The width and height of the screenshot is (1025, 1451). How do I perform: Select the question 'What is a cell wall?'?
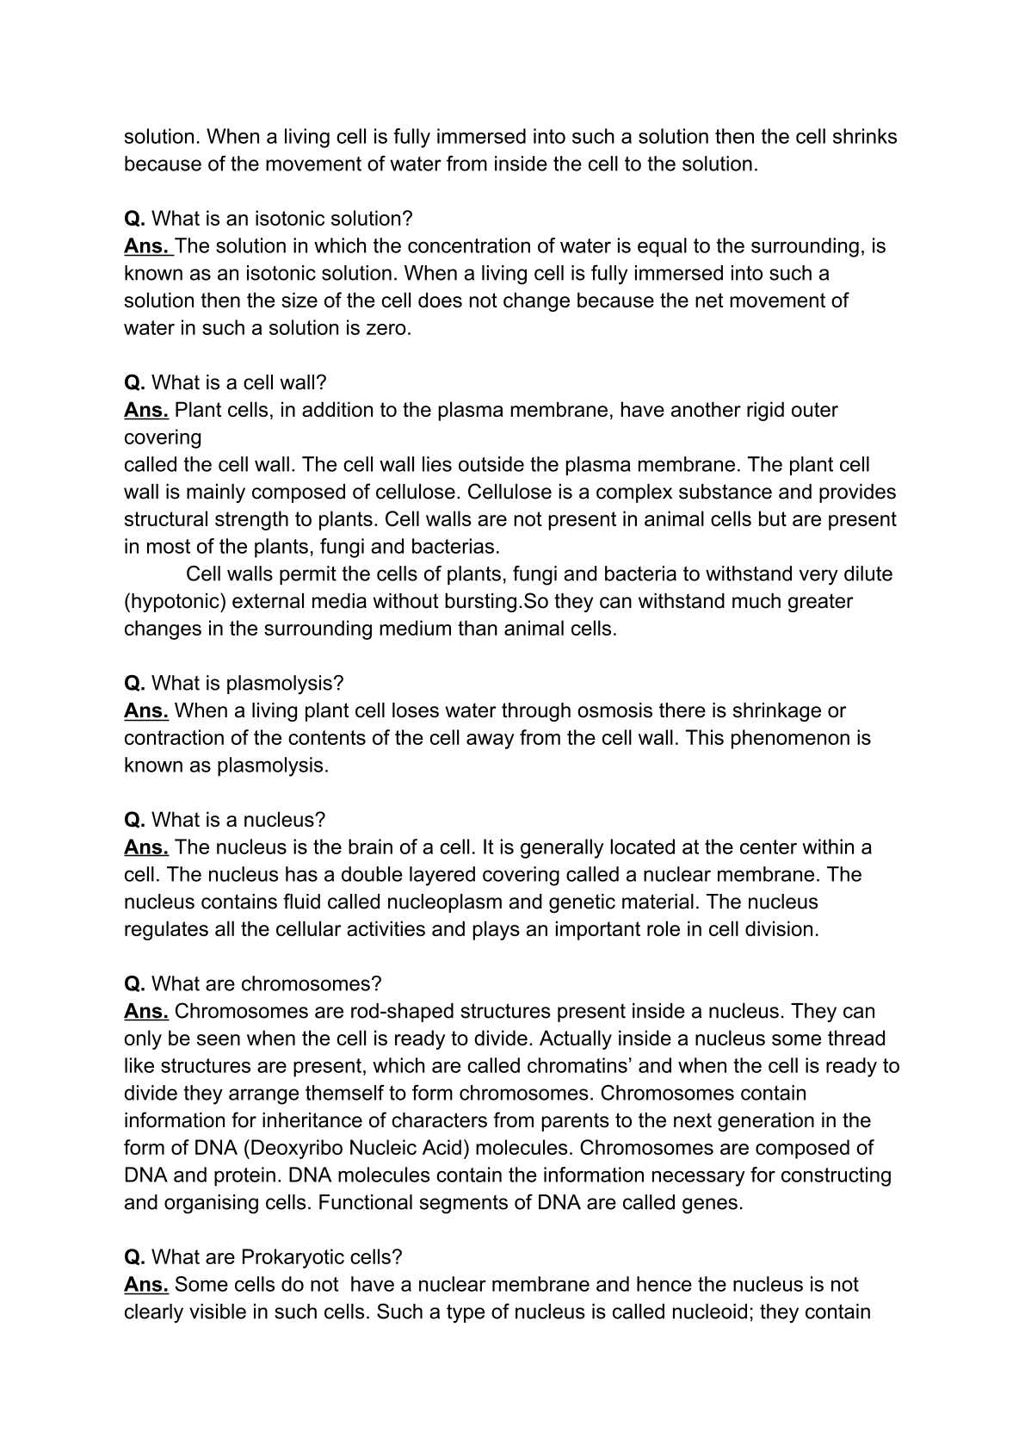pos(239,382)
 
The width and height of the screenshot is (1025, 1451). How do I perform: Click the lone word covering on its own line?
pos(163,437)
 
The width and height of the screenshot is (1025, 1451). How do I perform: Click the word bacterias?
pos(455,547)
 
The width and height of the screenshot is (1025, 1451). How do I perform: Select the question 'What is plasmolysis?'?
pos(247,684)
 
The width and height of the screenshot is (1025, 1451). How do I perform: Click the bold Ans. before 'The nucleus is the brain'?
pos(145,847)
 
